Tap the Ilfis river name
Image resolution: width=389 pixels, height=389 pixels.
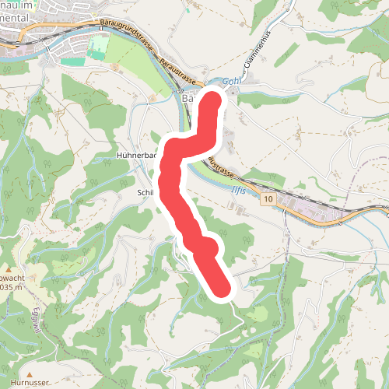244,186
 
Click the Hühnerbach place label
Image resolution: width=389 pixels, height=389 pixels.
136,156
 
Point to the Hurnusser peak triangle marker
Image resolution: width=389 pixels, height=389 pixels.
30,364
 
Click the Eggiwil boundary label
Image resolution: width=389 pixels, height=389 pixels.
35,319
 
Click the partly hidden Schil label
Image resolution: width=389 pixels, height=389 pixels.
146,191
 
